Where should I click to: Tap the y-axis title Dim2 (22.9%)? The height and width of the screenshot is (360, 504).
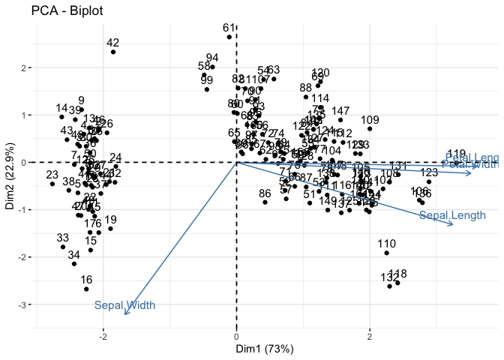click(x=10, y=172)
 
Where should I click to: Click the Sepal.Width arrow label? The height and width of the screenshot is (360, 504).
click(x=124, y=305)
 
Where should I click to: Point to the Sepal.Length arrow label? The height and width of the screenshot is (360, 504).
click(x=446, y=216)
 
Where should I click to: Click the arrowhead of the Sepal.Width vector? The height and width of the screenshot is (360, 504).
click(x=124, y=315)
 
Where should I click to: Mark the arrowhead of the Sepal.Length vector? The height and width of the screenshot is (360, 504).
click(x=453, y=223)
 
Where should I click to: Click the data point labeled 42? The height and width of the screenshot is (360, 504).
click(x=113, y=52)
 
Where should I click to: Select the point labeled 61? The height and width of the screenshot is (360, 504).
click(x=237, y=34)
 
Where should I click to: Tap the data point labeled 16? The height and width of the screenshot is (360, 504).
click(x=86, y=289)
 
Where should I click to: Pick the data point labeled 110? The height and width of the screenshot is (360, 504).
click(x=386, y=253)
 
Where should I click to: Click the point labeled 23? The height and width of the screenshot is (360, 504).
click(x=52, y=184)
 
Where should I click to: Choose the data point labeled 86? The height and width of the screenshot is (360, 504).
click(x=265, y=202)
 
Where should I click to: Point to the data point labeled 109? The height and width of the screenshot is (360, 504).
click(x=370, y=128)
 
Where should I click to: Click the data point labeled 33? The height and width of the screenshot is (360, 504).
click(x=63, y=247)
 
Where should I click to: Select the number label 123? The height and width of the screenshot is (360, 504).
click(x=429, y=173)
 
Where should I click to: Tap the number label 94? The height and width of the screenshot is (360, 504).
click(x=212, y=58)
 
